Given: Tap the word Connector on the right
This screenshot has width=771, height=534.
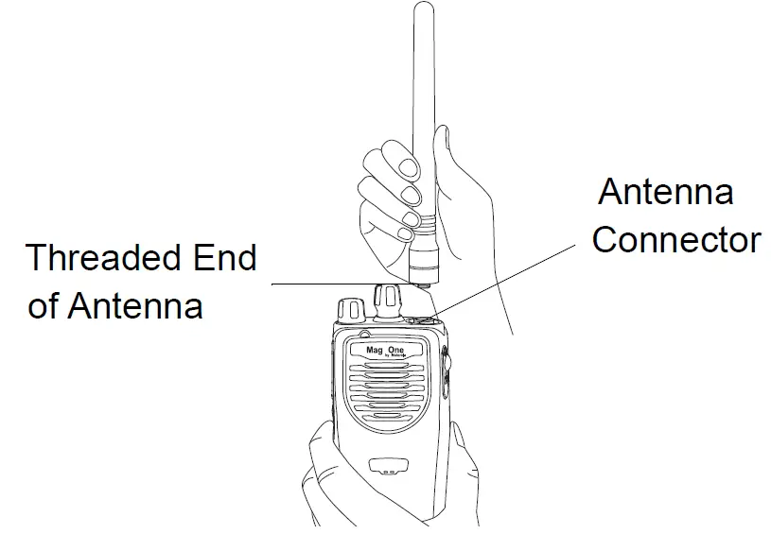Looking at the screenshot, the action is click(x=675, y=240).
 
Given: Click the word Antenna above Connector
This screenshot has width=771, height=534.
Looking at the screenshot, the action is click(x=666, y=193).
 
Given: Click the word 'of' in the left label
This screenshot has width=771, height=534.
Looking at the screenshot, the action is click(x=44, y=306).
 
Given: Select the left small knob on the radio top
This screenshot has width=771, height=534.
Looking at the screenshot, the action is click(x=349, y=308).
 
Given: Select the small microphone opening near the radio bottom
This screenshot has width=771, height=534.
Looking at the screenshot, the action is click(x=385, y=466).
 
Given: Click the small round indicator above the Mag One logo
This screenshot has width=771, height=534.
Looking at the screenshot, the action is click(x=363, y=336).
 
